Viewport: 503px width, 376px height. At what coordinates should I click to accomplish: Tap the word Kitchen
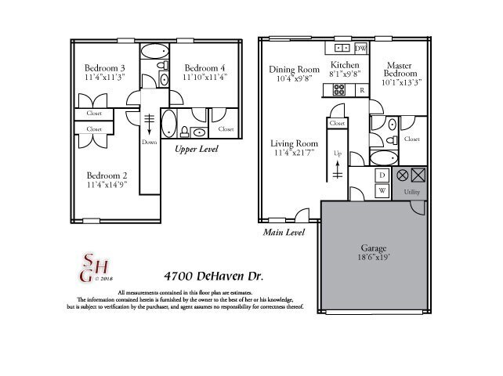[345, 65]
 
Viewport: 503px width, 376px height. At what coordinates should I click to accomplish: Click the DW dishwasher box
[360, 49]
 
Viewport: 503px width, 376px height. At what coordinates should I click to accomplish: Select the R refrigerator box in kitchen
[361, 90]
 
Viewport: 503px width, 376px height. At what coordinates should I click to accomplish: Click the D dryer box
[382, 175]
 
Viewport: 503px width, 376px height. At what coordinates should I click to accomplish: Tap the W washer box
[382, 190]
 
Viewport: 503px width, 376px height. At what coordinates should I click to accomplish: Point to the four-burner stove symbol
[340, 90]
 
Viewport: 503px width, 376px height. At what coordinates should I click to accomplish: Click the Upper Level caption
[196, 149]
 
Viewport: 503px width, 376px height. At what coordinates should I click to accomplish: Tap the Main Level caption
[283, 233]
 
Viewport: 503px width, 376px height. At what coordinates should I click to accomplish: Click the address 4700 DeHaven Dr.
[213, 277]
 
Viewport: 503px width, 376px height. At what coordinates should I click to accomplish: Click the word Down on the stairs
[149, 143]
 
